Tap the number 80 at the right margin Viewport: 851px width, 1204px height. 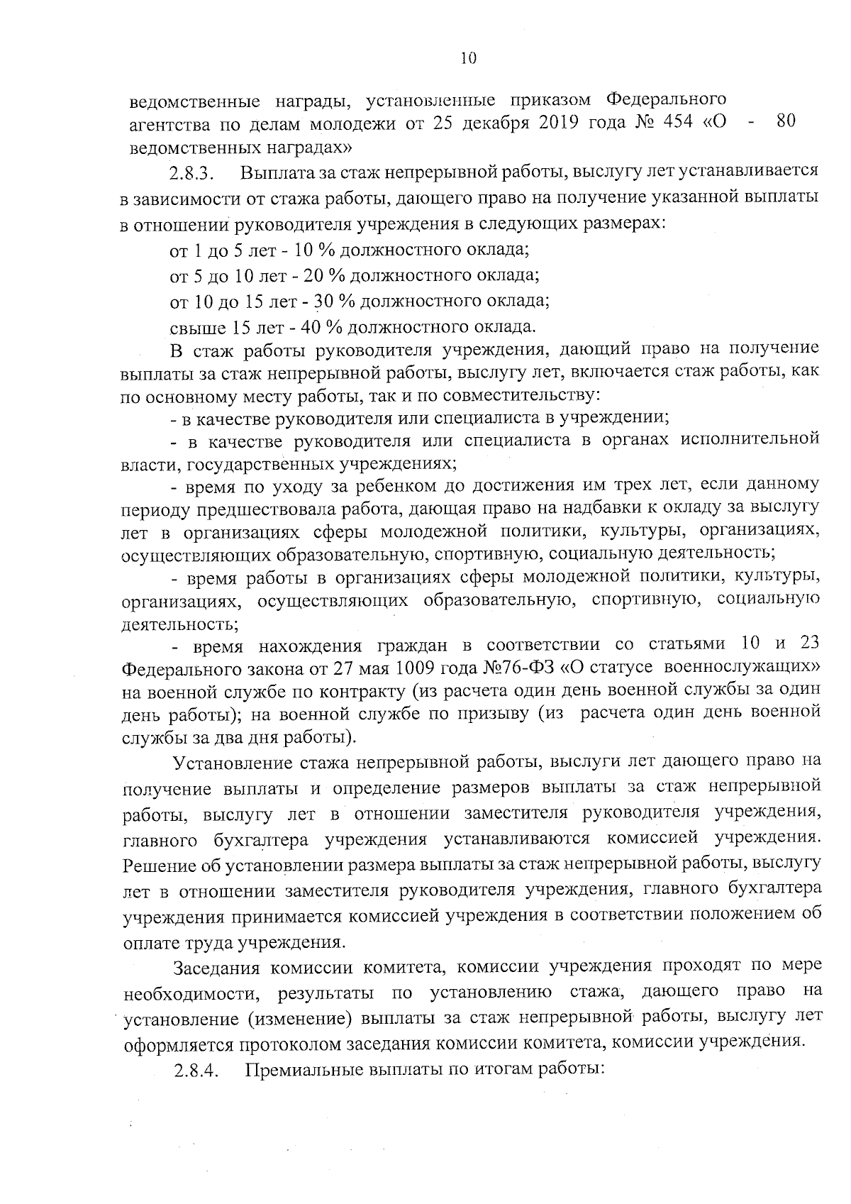[x=785, y=121]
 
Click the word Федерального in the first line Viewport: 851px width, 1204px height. [x=657, y=96]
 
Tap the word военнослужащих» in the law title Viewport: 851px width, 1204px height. [x=752, y=668]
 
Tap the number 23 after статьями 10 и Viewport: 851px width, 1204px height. [x=809, y=644]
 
